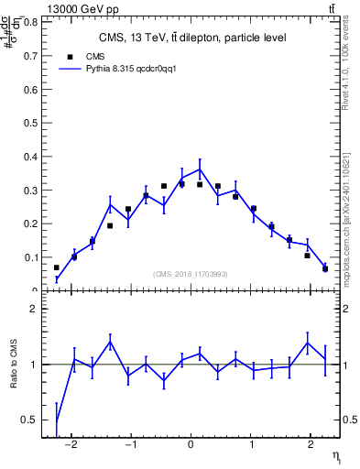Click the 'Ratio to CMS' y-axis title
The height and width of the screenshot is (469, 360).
tap(14, 374)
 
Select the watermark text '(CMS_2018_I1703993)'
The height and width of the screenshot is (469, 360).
tap(191, 274)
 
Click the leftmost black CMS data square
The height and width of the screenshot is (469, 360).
tap(57, 268)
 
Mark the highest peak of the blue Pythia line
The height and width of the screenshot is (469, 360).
tap(200, 169)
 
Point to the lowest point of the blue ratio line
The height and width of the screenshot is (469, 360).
tap(57, 422)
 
